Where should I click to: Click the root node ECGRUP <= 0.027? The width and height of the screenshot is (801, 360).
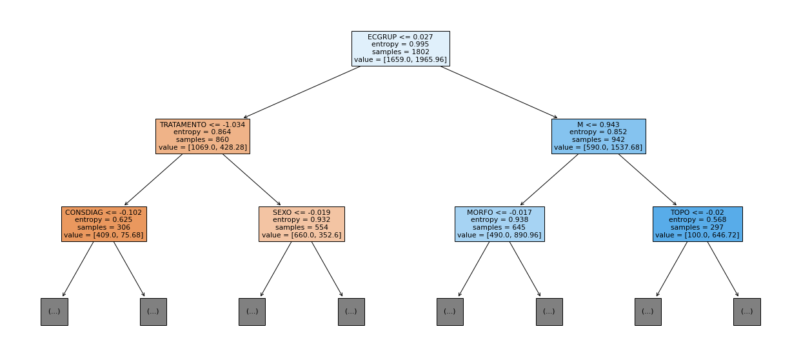coord(400,48)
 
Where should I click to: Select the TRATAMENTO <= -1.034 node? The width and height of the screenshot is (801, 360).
coord(203,136)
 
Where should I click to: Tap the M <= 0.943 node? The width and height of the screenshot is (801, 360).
coord(598,136)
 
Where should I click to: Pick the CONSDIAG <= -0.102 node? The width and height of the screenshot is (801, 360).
coord(104,224)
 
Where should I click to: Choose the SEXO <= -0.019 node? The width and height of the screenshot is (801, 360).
coord(302,224)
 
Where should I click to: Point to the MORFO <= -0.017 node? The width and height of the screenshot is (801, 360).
coord(500,224)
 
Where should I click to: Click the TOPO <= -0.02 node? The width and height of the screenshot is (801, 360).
coord(698,224)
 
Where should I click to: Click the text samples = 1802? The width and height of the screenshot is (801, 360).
coord(400,52)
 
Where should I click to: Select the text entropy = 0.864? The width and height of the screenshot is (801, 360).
coord(203,132)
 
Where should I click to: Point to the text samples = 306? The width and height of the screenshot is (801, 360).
coord(104,227)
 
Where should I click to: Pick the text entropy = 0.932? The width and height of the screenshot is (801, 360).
coord(301,220)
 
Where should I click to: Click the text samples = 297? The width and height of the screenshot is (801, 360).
coord(697,227)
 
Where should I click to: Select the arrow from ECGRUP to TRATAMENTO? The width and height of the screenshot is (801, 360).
coord(302,92)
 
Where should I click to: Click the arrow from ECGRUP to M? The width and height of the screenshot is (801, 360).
coord(499,92)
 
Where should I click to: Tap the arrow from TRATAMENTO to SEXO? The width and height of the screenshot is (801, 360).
coord(252,179)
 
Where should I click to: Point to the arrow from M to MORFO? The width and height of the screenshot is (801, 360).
coord(549,179)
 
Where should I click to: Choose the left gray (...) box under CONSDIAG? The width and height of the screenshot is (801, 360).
coord(54,312)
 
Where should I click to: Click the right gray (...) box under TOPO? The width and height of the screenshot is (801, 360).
coord(747,312)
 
